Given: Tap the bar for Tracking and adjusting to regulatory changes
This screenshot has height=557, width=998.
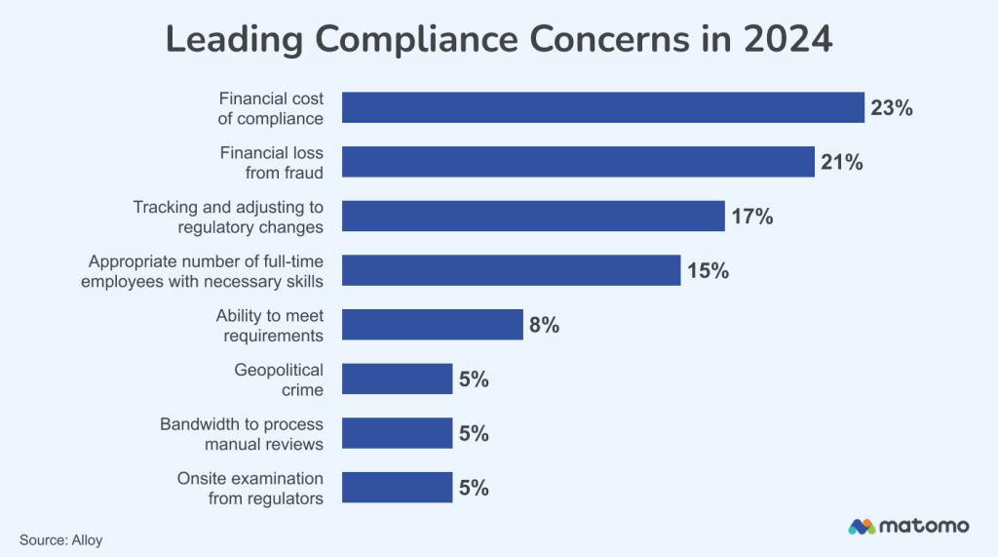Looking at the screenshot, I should [533, 216].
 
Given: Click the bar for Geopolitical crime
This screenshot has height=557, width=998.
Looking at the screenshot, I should [397, 378].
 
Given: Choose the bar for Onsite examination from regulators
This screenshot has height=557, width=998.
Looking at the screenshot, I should [397, 487].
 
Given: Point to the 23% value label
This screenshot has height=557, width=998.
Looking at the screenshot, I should [891, 108].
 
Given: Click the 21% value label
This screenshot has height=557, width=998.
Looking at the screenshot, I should [841, 163].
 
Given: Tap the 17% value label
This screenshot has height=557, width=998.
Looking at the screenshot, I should [751, 217].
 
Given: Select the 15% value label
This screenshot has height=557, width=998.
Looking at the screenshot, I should [708, 271].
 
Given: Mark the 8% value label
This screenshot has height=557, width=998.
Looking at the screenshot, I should [544, 326].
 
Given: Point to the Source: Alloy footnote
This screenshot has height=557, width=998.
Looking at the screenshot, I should [60, 538].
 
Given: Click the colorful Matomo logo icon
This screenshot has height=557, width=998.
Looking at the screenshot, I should [862, 527].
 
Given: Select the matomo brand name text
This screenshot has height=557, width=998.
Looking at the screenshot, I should [924, 527].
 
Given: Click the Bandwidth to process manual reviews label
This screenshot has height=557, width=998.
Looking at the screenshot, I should [242, 434].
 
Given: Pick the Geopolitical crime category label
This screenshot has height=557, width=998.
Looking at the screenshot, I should [279, 379].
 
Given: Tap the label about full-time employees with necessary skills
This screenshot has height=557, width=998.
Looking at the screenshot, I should [206, 271].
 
